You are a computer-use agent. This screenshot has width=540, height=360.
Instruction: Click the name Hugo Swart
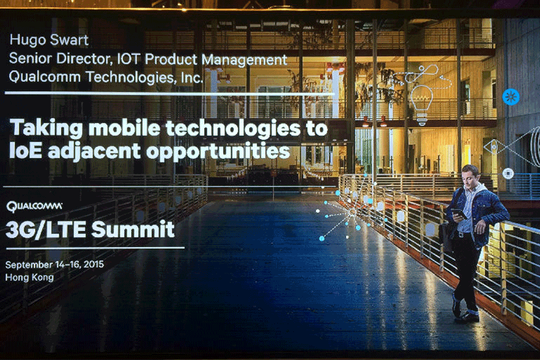(x=49, y=40)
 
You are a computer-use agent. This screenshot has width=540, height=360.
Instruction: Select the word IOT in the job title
(x=128, y=59)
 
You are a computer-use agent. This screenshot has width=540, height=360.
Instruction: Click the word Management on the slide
(x=244, y=60)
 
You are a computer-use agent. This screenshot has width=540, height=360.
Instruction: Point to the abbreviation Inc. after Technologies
(x=192, y=77)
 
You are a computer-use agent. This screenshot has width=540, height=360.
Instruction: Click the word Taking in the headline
(x=46, y=129)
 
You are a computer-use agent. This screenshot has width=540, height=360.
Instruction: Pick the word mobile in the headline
(x=124, y=128)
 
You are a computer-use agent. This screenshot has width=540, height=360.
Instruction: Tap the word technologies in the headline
(x=233, y=128)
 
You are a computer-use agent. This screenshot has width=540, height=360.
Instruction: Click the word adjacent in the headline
(x=94, y=152)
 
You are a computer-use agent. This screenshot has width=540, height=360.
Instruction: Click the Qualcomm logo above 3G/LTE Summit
(x=34, y=206)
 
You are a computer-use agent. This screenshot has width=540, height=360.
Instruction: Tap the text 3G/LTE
(x=46, y=230)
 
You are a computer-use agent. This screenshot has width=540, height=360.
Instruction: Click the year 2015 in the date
(x=93, y=264)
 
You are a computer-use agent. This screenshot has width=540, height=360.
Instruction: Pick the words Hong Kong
(x=30, y=277)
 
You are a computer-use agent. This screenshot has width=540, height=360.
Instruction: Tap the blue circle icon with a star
(x=511, y=97)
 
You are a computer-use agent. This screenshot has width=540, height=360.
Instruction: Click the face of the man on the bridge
(x=469, y=177)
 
